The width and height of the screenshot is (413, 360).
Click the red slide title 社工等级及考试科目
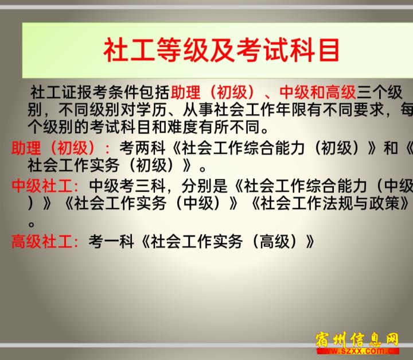(221, 50)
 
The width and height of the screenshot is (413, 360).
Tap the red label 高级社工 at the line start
(42, 241)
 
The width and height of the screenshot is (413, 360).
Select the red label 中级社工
(42, 185)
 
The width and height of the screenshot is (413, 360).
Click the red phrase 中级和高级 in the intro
(317, 92)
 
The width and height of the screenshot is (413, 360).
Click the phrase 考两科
(142, 148)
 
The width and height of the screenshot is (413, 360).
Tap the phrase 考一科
(111, 241)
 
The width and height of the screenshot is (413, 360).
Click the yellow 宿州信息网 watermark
(357, 339)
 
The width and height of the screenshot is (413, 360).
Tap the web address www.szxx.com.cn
(358, 351)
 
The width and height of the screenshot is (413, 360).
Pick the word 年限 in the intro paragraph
(291, 110)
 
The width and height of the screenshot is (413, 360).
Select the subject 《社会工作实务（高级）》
(228, 241)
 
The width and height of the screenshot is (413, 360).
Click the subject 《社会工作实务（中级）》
(151, 203)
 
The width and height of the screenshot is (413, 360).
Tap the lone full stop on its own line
(32, 224)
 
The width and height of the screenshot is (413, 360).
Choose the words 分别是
(204, 185)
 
